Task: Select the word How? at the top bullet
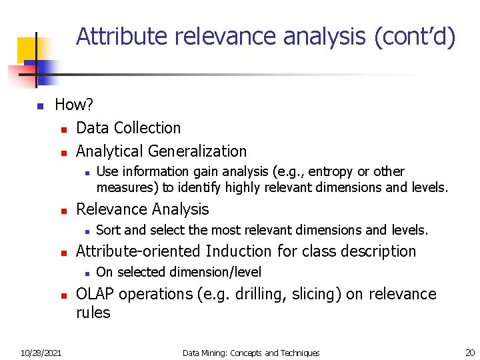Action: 74,105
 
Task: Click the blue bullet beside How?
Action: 40,106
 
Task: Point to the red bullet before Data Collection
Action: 64,129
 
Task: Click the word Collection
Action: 148,128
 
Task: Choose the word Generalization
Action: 197,151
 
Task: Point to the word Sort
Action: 109,231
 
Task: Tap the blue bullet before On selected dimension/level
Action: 87,273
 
